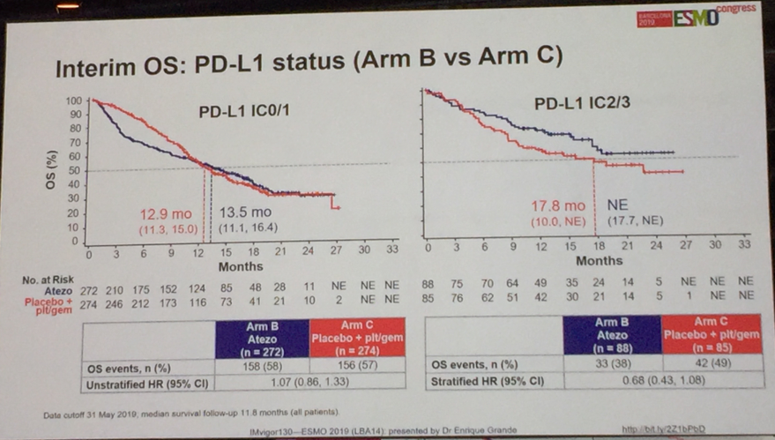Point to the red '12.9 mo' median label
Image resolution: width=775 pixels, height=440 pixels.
pyautogui.click(x=165, y=213)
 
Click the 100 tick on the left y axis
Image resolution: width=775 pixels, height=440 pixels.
pyautogui.click(x=76, y=101)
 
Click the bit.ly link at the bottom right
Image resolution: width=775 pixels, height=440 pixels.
pyautogui.click(x=657, y=429)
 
